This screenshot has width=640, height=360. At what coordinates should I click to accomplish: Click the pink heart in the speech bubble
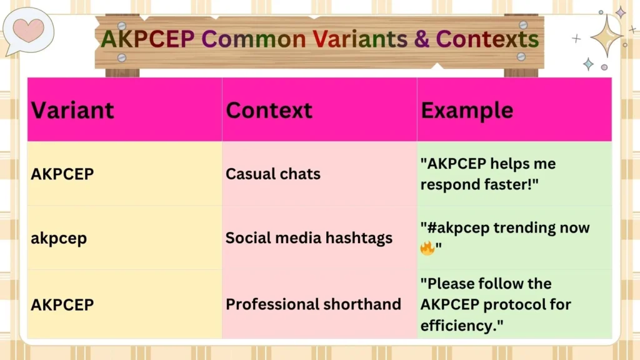(28, 29)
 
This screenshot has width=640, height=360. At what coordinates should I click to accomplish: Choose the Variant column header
(72, 111)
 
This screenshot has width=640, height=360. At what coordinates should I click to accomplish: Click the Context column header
(269, 111)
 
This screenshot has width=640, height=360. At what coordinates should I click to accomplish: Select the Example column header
(467, 111)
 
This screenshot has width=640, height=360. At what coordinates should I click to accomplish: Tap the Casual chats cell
(272, 174)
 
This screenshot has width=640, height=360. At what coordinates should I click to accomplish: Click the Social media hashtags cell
(309, 238)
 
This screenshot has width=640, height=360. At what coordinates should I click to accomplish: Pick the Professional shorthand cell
(313, 304)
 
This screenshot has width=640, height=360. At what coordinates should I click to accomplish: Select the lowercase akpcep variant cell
(59, 238)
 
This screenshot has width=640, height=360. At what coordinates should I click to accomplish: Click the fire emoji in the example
(427, 248)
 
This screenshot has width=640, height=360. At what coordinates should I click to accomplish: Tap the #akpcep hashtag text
(456, 227)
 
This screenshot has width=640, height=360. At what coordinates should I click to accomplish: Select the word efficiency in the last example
(459, 325)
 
